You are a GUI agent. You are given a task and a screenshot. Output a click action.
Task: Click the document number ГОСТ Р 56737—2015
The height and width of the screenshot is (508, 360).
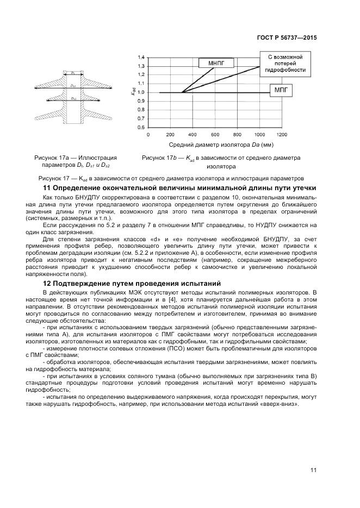pos(286,38)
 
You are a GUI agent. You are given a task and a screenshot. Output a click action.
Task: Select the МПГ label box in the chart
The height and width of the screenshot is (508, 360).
pos(281,89)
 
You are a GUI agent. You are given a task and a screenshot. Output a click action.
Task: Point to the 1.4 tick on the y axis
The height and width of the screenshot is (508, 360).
pos(141,57)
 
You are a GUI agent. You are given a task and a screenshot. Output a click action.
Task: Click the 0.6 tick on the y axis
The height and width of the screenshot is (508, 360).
pos(141,127)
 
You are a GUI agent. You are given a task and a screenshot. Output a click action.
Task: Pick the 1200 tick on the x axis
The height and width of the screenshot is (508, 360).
pos(282,134)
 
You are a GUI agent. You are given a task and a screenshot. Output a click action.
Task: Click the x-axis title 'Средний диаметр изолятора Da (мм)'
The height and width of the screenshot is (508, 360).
pos(221,145)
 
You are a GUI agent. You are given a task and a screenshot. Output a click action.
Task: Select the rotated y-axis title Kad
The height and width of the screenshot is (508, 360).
pos(132,92)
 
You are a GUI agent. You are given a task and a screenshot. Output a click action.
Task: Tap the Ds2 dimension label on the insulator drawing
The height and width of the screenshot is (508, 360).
pos(73,98)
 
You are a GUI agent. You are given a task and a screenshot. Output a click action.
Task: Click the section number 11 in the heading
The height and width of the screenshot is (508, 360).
pos(46,187)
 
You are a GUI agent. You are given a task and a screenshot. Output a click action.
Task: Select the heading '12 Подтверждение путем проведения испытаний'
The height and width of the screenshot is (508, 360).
pos(131,283)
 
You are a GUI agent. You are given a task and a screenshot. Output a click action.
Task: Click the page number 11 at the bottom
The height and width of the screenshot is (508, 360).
pos(313,470)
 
